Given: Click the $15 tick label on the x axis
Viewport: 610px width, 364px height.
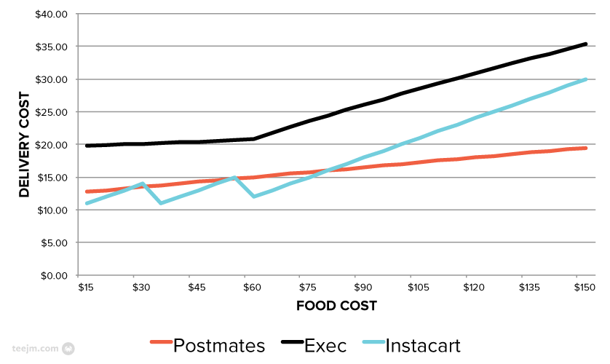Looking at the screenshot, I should [x=86, y=288].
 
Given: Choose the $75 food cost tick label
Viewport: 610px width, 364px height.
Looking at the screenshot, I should [x=306, y=288].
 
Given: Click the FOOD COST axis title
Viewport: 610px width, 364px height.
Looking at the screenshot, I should [x=336, y=306].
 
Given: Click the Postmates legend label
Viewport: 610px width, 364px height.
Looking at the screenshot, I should [x=219, y=345].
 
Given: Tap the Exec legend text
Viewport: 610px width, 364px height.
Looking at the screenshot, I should [x=326, y=345].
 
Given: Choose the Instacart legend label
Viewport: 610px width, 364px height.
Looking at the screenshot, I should [x=422, y=345].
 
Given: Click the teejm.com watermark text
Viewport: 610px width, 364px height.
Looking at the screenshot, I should [x=36, y=348].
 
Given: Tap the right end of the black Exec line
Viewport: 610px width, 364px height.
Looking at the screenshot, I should [x=585, y=44].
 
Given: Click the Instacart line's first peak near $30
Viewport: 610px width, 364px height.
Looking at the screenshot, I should [x=143, y=183].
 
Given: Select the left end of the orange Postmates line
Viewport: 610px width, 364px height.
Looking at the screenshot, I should [x=87, y=191].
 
